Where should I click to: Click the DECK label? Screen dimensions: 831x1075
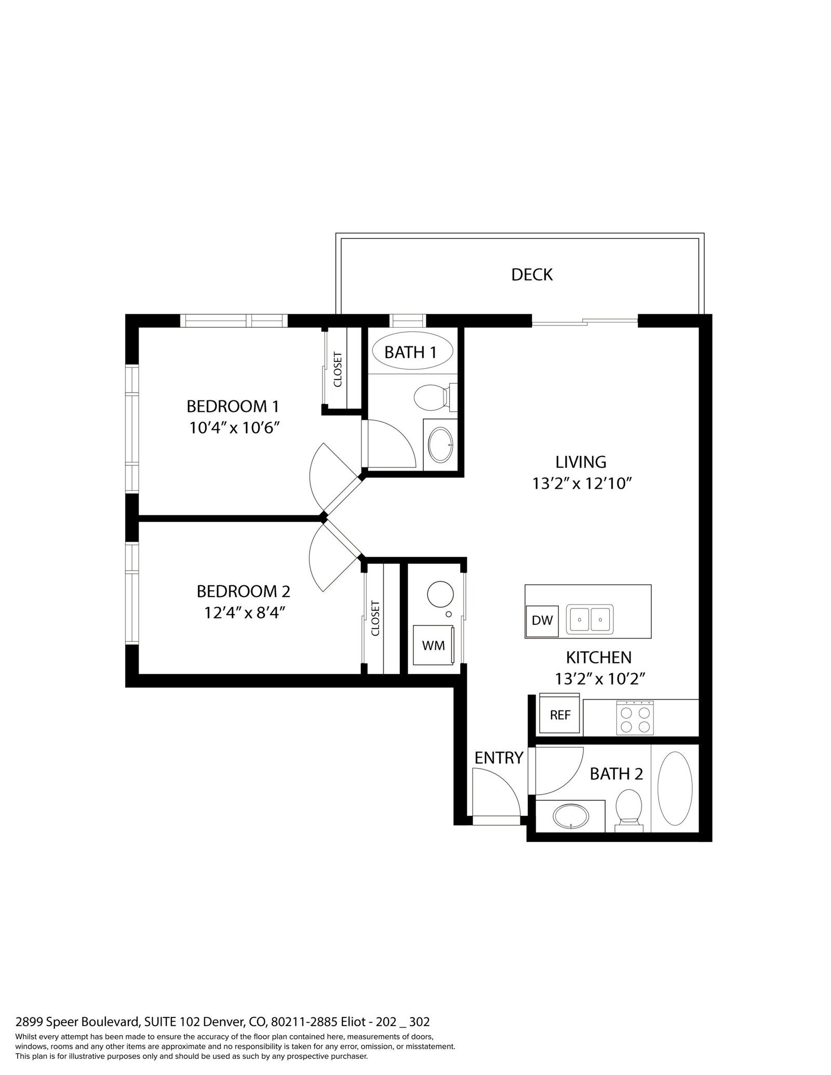(532, 275)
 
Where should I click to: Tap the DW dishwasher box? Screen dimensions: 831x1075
(542, 621)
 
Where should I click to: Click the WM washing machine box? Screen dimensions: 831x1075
(434, 645)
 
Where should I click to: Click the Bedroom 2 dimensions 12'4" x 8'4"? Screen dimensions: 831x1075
(245, 613)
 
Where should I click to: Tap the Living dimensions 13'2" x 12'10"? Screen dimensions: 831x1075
(581, 483)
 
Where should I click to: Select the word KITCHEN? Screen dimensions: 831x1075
(598, 657)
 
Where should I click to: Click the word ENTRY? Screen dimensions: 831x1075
(499, 758)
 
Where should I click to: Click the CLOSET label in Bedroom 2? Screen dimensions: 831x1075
(376, 618)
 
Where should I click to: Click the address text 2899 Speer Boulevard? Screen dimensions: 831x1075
(77, 1022)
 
